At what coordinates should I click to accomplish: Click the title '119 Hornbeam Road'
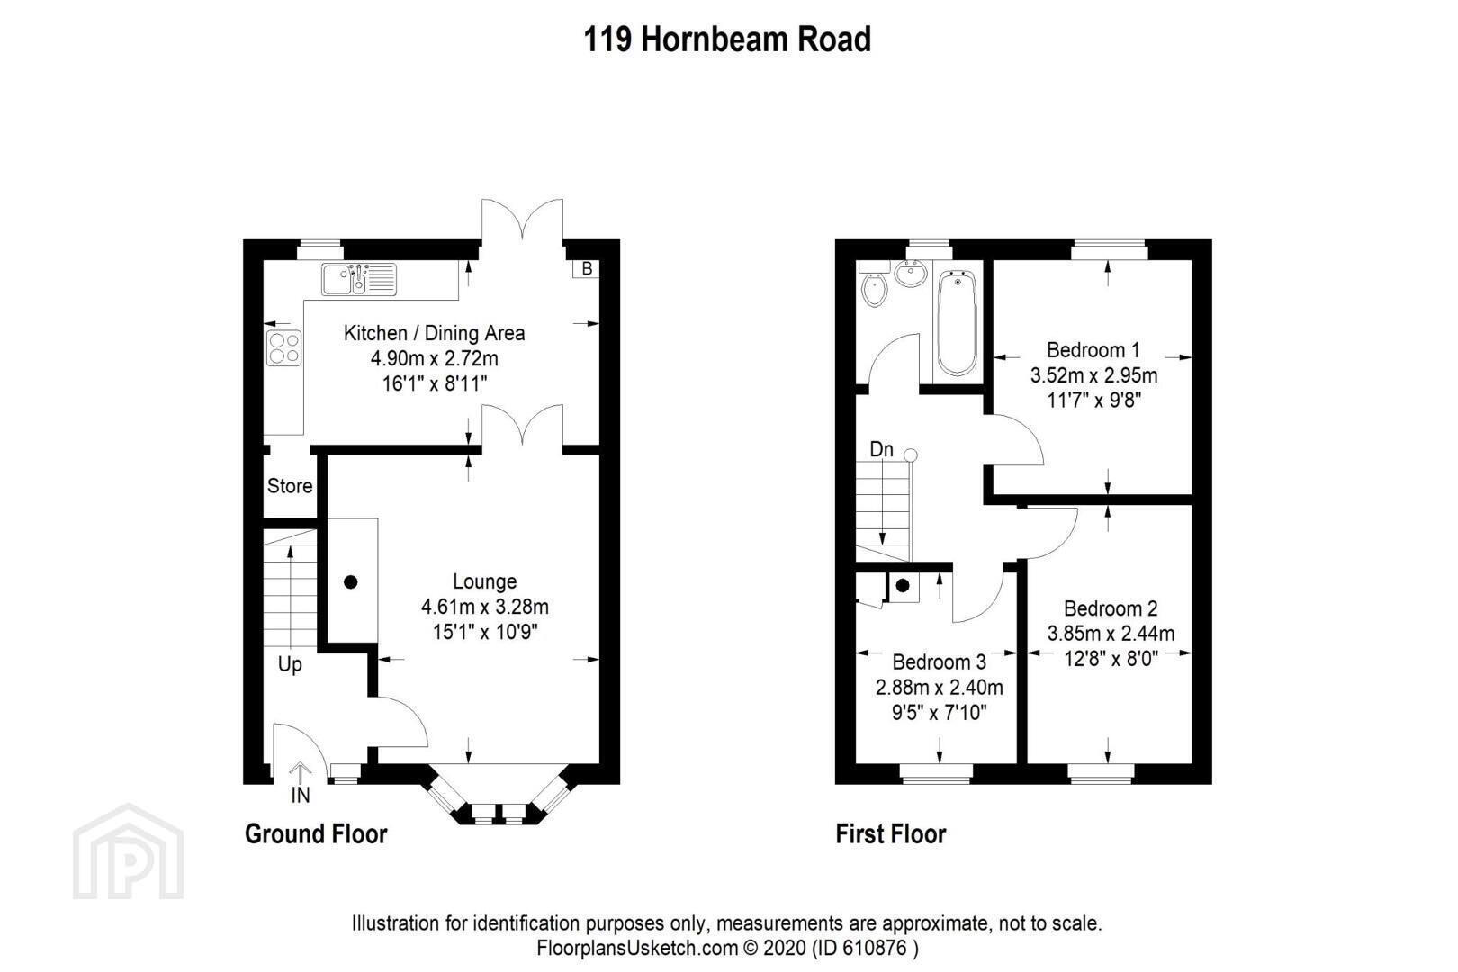coord(727,40)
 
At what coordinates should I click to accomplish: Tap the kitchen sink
coord(358,279)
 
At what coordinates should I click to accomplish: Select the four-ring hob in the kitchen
coord(283,347)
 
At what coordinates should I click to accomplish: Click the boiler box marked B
coord(587,268)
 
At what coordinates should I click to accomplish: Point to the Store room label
coord(290,486)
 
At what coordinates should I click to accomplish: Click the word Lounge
coord(485,581)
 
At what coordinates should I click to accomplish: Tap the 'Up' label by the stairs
coord(290,665)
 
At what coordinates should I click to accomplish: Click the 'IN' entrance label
coord(300,795)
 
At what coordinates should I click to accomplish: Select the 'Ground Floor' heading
coord(316,834)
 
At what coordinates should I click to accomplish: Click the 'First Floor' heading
coord(890,834)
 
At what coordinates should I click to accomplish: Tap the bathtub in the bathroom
coord(958,323)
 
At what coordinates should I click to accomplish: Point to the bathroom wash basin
coord(911,274)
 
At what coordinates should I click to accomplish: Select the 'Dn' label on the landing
coord(881,449)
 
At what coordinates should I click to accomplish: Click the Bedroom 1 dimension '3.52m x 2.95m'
coord(1093,375)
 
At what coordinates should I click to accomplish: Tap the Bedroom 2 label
coord(1111,608)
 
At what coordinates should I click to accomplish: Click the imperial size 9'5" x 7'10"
coord(939,713)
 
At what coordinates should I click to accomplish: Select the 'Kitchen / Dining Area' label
coord(434,333)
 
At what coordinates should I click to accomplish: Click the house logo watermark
coord(128,851)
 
